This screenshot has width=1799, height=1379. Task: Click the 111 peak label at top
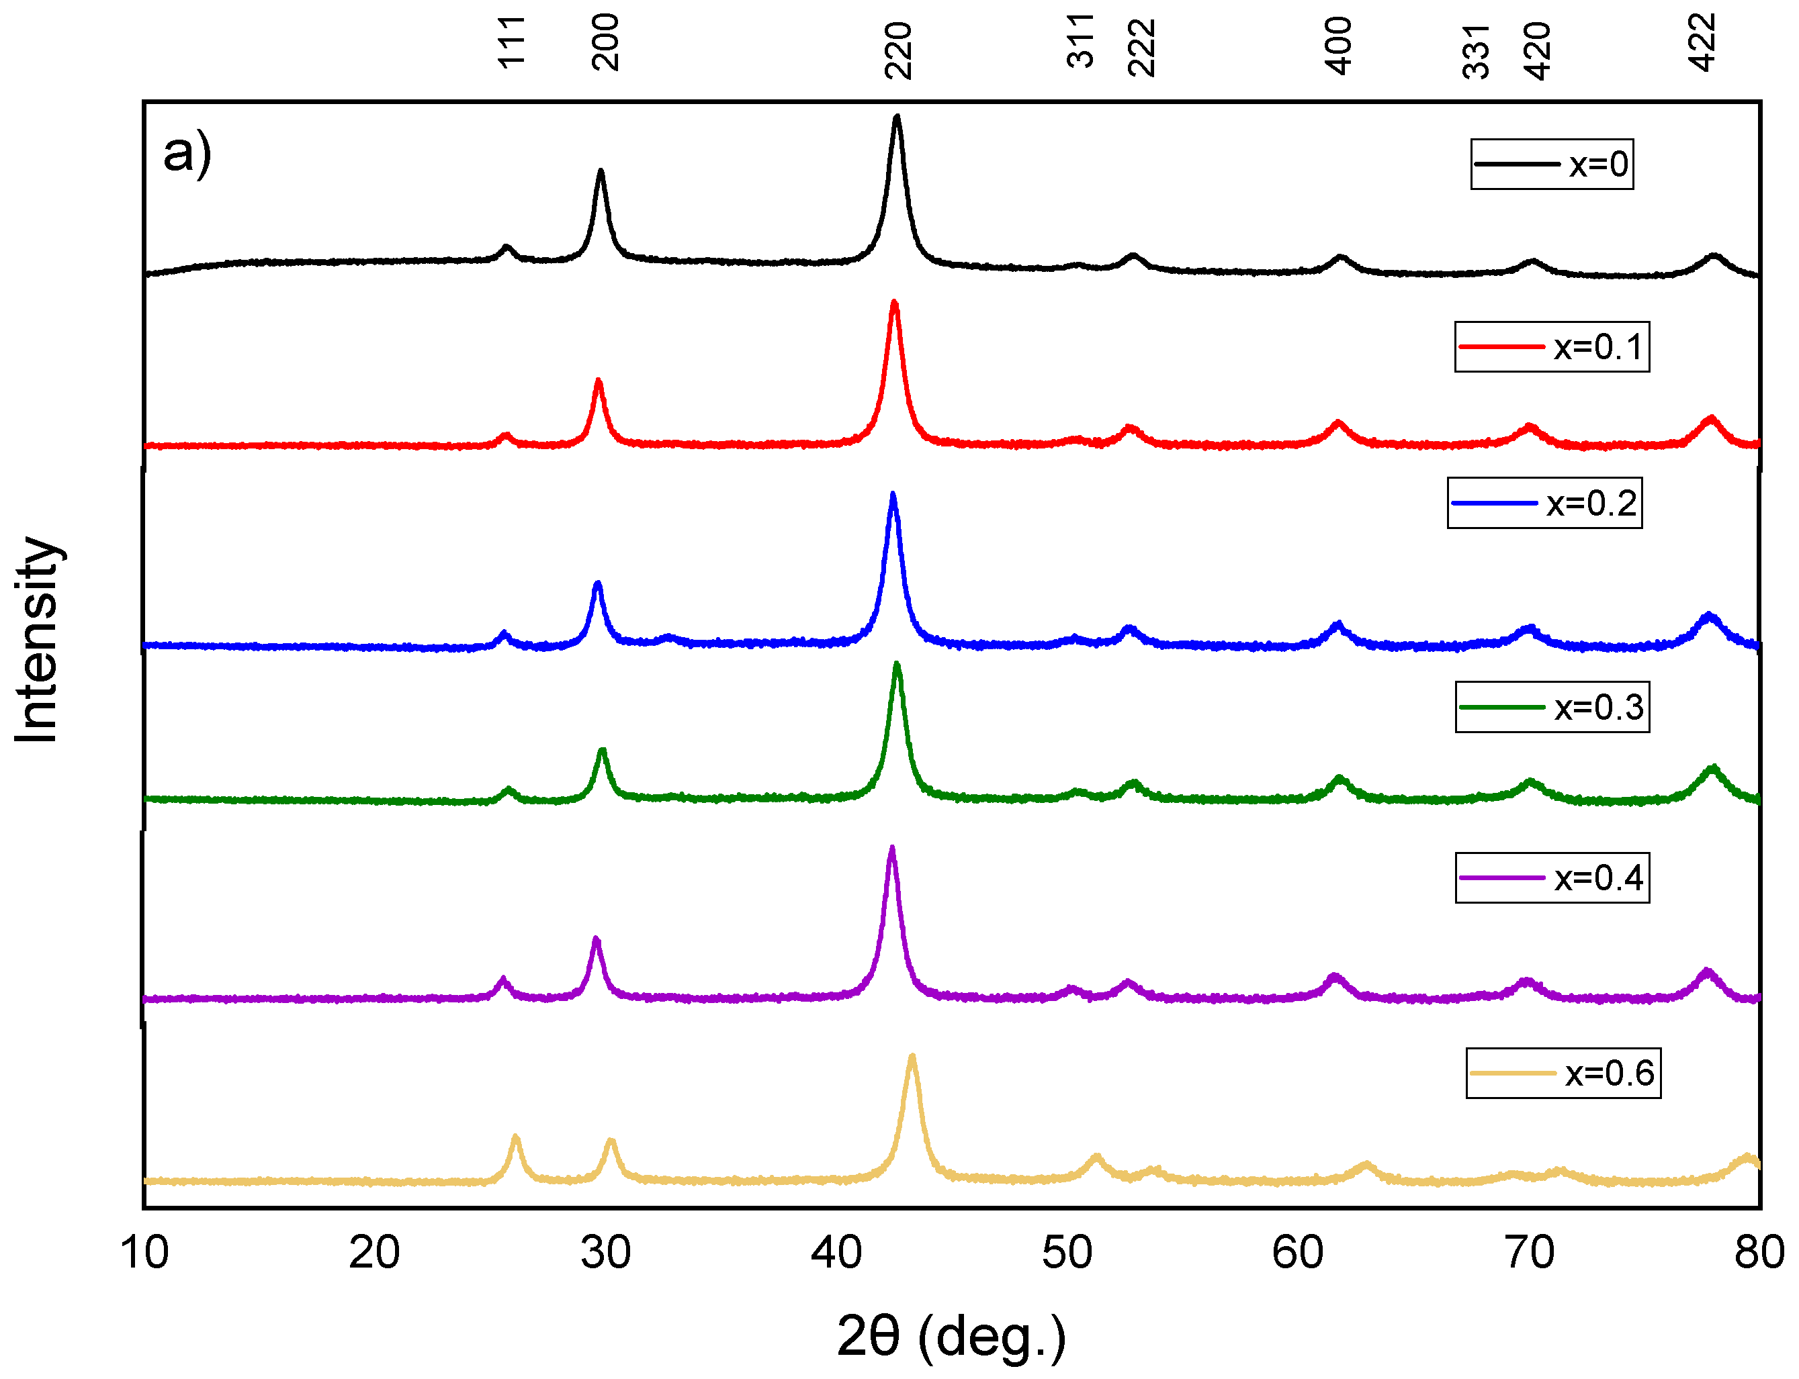click(511, 42)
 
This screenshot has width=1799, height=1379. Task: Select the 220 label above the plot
click(898, 50)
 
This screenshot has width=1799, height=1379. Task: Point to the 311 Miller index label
click(1081, 40)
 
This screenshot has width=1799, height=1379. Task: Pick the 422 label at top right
click(1703, 43)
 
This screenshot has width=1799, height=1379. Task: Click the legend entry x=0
click(1551, 164)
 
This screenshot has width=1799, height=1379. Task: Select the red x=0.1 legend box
click(1551, 347)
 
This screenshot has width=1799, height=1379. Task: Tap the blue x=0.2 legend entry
click(1544, 503)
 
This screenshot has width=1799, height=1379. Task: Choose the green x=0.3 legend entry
click(1552, 708)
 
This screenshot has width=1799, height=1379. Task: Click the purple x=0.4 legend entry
click(1552, 878)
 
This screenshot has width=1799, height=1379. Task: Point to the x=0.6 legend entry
click(1563, 1074)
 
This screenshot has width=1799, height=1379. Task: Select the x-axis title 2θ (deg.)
click(951, 1335)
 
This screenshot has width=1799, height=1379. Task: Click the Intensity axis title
click(37, 640)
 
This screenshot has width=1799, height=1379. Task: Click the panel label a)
click(187, 154)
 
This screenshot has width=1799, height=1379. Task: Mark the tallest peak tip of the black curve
click(897, 117)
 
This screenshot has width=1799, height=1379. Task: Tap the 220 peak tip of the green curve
click(897, 664)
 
